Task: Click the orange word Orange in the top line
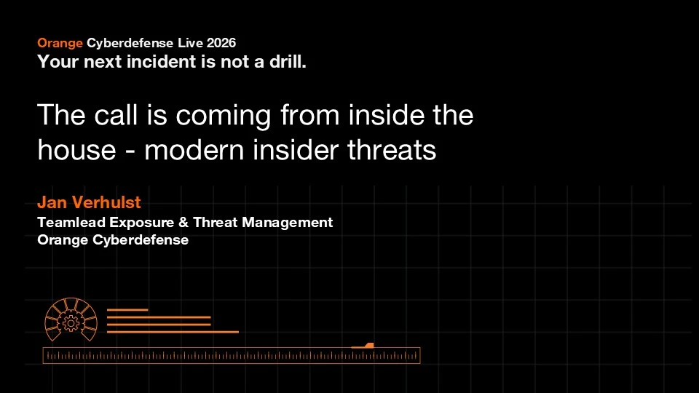(60, 43)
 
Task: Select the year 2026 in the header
(221, 43)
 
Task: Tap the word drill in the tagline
(288, 61)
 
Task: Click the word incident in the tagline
(162, 61)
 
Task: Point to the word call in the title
(116, 115)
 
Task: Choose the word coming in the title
(223, 116)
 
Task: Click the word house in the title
(76, 150)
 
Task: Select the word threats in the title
(392, 150)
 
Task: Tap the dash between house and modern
(130, 152)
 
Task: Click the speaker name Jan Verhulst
(89, 202)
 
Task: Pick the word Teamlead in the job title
(71, 222)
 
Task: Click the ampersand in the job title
(183, 222)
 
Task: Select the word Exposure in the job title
(142, 223)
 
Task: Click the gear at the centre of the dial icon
(71, 322)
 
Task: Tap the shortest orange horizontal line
(127, 310)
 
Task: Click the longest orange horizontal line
(173, 332)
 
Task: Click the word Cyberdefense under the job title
(141, 240)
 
